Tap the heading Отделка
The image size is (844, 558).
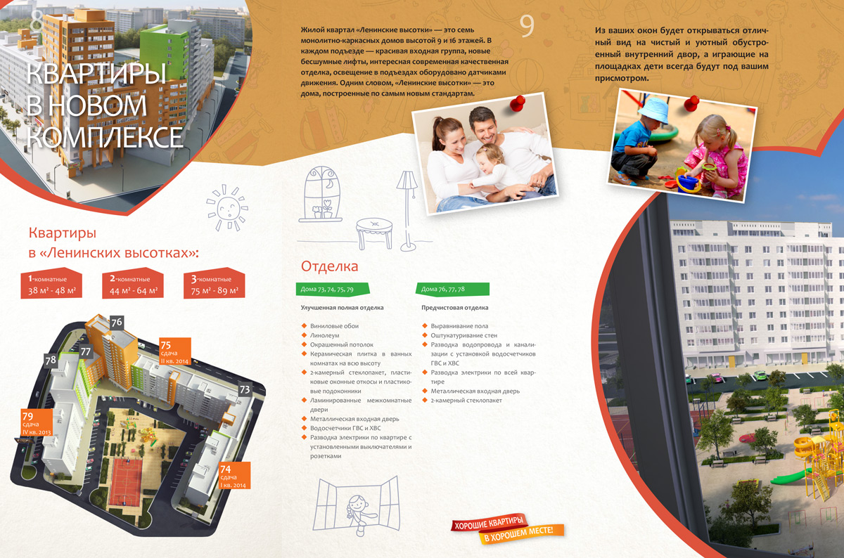[329, 266]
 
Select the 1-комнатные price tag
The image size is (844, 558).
[51, 283]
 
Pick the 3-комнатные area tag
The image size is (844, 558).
[215, 283]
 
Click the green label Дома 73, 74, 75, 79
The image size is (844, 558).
[332, 289]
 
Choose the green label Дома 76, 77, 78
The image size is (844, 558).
[453, 289]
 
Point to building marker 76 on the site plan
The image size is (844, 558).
[117, 323]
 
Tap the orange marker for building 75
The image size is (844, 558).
[175, 351]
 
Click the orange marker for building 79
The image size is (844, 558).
[37, 423]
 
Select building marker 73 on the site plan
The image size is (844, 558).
[245, 389]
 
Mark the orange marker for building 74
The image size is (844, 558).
[235, 476]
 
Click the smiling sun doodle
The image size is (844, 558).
[227, 207]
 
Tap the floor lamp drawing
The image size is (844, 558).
[407, 211]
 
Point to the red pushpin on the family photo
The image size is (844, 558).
[518, 103]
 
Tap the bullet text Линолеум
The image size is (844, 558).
[324, 335]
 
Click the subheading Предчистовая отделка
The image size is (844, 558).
[455, 308]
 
